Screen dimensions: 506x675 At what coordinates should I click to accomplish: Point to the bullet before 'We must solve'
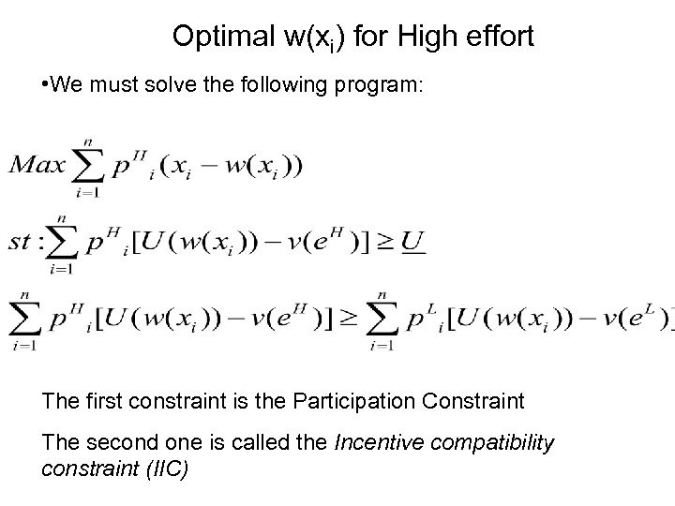[x=45, y=85]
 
